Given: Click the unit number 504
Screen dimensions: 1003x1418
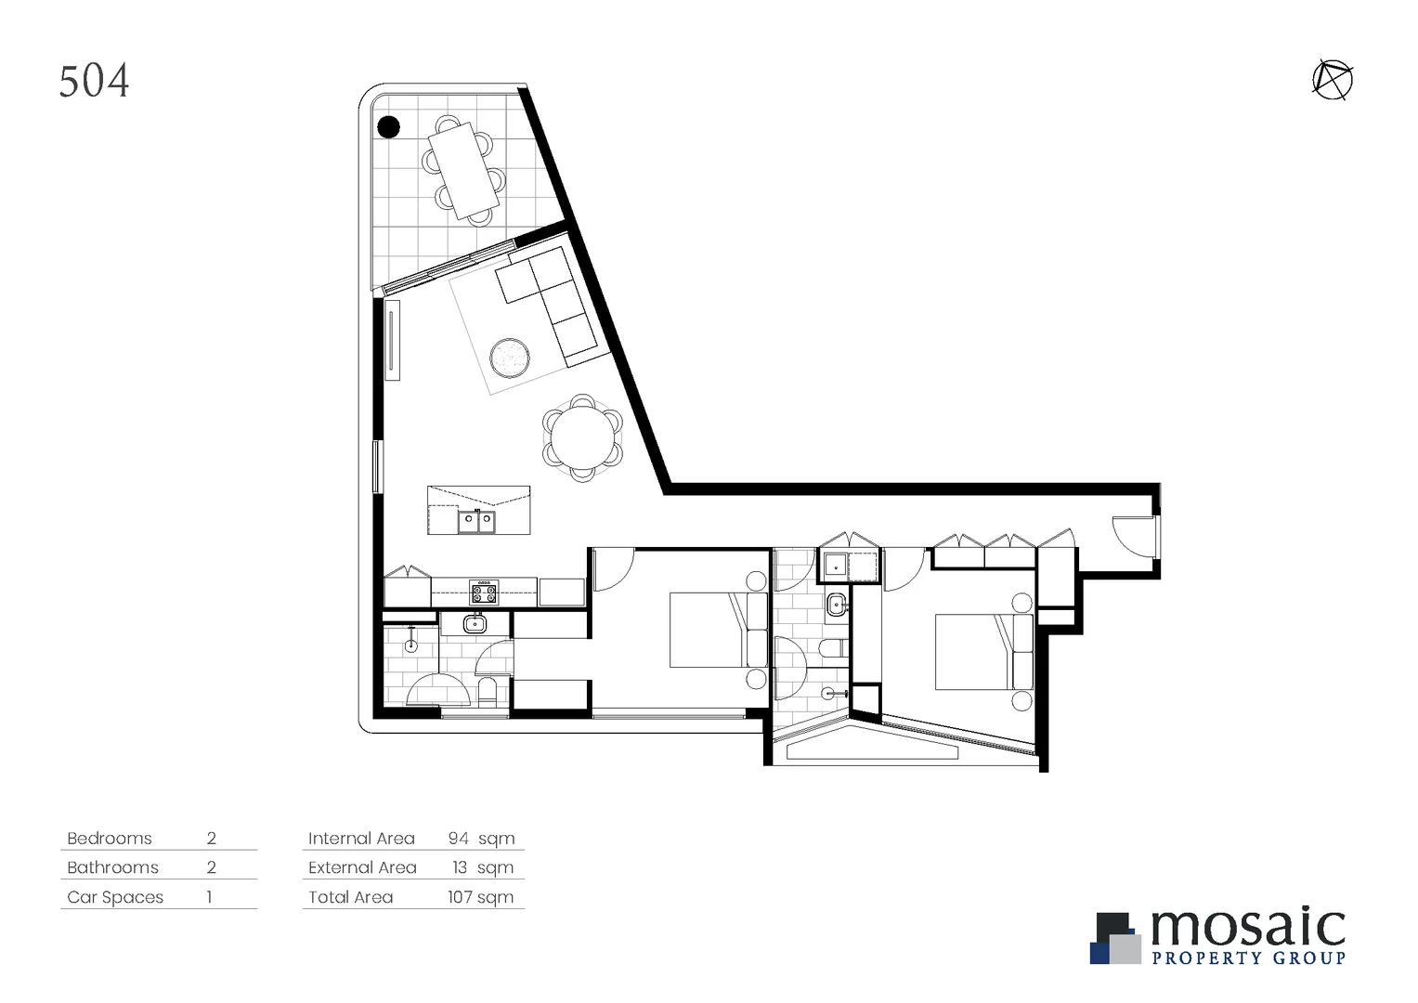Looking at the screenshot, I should [x=94, y=81].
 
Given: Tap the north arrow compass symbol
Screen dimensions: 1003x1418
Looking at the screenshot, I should [x=1333, y=80].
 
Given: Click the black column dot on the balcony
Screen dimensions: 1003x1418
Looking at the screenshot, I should [x=388, y=126].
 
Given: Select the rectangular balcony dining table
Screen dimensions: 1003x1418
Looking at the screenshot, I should [x=463, y=169].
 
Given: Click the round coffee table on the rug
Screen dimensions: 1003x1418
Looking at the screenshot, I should [x=510, y=357].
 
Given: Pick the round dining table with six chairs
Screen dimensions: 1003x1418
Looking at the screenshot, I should [x=582, y=436].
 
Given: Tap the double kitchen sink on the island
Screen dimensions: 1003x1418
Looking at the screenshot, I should [x=476, y=522].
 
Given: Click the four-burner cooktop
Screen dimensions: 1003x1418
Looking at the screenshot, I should [x=484, y=592].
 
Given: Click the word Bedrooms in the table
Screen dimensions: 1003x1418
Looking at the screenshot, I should [x=110, y=839].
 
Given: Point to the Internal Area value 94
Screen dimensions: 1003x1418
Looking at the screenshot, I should [x=458, y=839].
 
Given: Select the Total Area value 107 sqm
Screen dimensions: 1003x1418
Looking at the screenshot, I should [x=480, y=898].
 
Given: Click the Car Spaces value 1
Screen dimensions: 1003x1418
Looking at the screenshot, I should [x=210, y=898].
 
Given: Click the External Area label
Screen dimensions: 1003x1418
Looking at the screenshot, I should [x=362, y=868].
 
